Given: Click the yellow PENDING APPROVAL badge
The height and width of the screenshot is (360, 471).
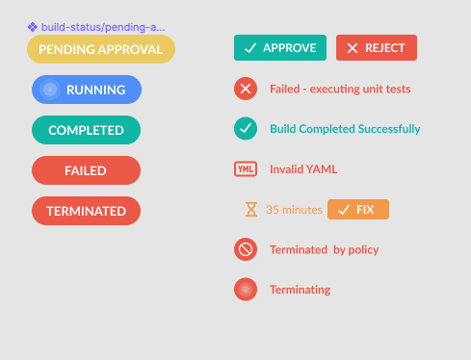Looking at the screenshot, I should point(100,49).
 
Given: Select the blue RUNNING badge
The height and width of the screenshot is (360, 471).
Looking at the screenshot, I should point(87,90).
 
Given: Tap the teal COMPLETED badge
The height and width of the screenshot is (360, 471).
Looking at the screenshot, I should point(86,130).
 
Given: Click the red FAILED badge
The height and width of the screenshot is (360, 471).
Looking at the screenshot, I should point(86,170).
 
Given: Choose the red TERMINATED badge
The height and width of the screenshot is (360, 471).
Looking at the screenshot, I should point(86,211).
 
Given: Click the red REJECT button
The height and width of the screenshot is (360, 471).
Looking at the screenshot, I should point(376,47).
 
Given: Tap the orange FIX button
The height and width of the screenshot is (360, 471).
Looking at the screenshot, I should point(357,209).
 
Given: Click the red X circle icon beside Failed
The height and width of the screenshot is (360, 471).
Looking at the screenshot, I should point(246,89).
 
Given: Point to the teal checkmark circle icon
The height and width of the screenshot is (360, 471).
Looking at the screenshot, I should point(246,128).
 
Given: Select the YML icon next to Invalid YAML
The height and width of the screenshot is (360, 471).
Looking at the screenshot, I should point(246,169).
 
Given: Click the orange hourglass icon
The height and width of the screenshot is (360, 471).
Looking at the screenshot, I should point(251,209).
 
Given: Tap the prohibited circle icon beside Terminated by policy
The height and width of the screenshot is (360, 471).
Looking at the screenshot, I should point(246,249).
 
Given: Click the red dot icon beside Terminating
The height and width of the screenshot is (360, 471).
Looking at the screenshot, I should point(246,289).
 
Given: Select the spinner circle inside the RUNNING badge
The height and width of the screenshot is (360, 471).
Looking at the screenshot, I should point(51,90).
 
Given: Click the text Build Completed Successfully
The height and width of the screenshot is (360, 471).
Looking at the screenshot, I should point(345,129).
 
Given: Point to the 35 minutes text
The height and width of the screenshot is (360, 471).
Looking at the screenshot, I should point(294,209).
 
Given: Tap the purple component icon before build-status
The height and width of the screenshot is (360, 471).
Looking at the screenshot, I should point(32,27).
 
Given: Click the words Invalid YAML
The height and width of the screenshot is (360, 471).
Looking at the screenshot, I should point(303,169).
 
